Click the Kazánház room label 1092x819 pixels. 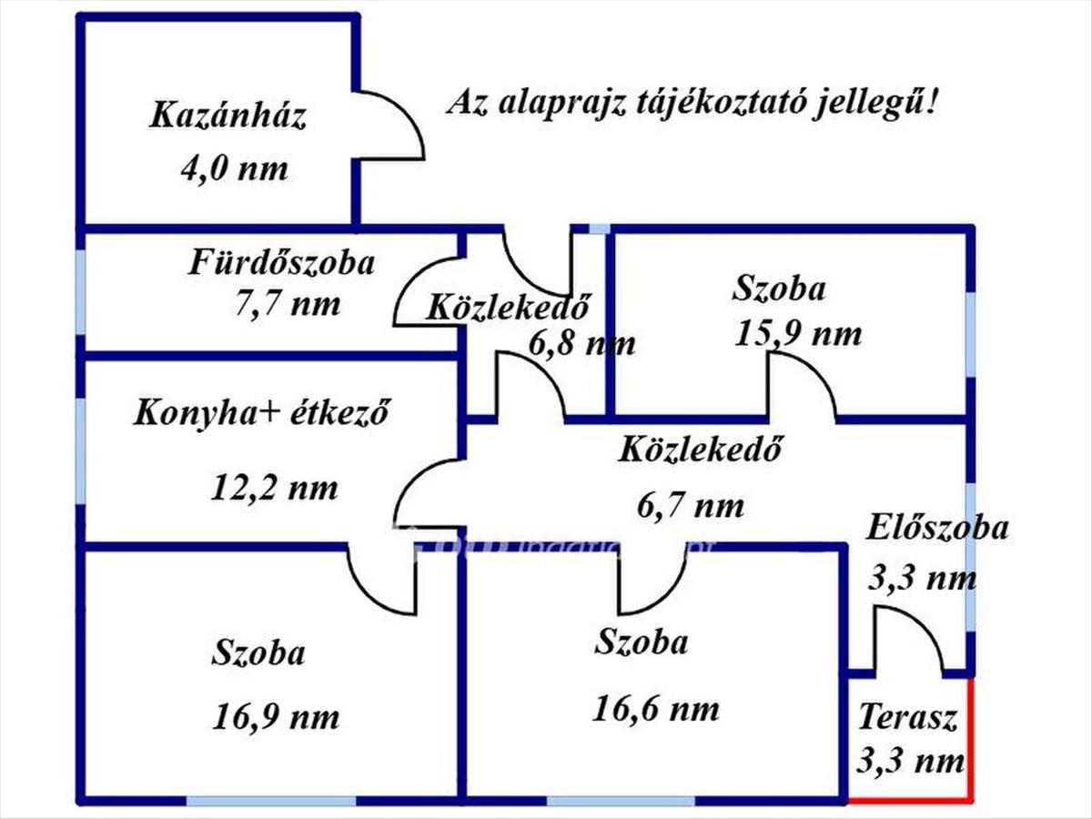[228, 117]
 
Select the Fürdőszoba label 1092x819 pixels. [282, 264]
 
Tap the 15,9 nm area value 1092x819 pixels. [798, 333]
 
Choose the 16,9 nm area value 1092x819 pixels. [277, 717]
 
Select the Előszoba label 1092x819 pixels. [937, 528]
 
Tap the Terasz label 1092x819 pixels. [908, 719]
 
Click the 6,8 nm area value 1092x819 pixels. [582, 345]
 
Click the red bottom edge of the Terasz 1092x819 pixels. [910, 801]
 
